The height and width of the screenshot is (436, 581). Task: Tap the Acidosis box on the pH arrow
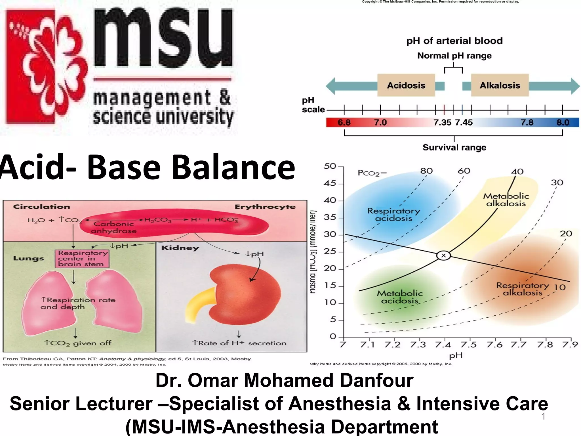tap(406, 85)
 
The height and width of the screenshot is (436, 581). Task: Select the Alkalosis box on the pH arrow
tap(500, 85)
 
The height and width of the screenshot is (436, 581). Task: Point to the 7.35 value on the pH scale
tap(442, 123)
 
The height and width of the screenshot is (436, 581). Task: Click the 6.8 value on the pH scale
tap(344, 123)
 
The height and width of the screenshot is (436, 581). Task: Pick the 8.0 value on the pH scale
tap(563, 123)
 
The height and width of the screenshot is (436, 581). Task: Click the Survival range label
tap(454, 148)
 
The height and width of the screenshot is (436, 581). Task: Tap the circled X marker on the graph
tap(443, 255)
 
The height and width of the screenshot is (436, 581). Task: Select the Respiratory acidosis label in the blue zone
tap(393, 215)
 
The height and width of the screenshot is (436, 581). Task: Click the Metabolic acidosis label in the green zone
tap(399, 297)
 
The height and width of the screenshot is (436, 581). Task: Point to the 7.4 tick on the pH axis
tap(443, 345)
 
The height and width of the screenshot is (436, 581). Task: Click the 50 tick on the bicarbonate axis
tap(330, 166)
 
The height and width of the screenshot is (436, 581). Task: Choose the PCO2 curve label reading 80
tap(426, 171)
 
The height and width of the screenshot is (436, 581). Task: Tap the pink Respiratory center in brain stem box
tap(82, 259)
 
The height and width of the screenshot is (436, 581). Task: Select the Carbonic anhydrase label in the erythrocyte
tap(113, 227)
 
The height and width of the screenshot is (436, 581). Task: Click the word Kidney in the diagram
tap(180, 248)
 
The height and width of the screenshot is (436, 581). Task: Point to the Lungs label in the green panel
tap(29, 259)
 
